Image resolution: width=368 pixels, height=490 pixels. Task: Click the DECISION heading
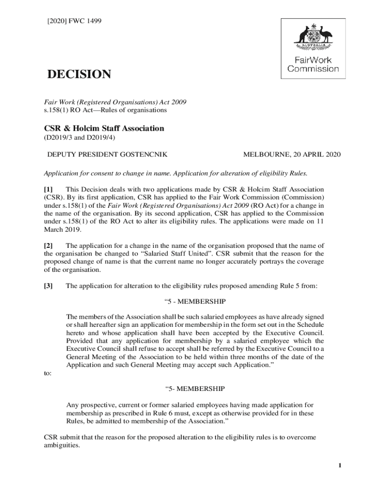tap(78, 75)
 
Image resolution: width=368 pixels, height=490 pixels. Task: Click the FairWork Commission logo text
tap(313, 65)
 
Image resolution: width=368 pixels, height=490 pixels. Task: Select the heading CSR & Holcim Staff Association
tap(104, 128)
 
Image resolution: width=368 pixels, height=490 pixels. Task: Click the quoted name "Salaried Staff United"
tap(180, 254)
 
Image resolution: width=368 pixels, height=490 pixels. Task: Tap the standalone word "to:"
tap(48, 374)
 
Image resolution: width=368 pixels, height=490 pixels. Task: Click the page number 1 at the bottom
tap(337, 465)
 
